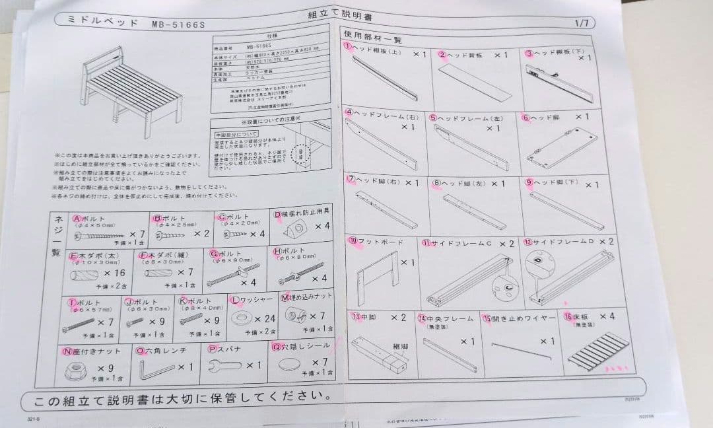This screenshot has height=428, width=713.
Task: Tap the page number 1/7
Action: pyautogui.click(x=582, y=22)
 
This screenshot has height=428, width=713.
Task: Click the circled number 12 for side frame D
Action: pyautogui.click(x=527, y=243)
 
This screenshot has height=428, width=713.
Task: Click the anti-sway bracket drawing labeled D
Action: pyautogui.click(x=298, y=229)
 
